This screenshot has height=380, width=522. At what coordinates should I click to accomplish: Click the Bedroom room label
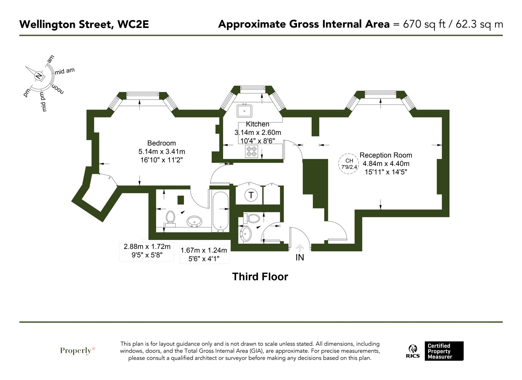(x=162, y=143)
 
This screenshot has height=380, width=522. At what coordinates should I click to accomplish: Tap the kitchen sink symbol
(x=244, y=111)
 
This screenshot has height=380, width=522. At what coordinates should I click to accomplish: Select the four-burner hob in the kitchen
(x=252, y=152)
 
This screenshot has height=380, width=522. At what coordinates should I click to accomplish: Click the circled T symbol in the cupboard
(x=251, y=195)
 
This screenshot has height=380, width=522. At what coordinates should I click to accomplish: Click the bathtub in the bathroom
(x=221, y=212)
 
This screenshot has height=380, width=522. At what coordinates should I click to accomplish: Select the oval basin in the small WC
(x=246, y=234)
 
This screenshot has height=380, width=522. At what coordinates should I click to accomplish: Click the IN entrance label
(x=300, y=257)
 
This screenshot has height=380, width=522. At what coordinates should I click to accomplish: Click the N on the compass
(x=39, y=76)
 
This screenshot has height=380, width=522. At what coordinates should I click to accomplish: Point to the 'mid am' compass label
(x=65, y=71)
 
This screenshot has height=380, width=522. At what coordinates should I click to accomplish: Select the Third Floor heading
(x=260, y=277)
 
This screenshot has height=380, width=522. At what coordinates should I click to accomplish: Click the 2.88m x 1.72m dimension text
(x=147, y=246)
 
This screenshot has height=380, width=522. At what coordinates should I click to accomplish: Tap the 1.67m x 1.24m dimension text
(x=204, y=250)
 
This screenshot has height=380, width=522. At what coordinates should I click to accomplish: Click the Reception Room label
(x=386, y=155)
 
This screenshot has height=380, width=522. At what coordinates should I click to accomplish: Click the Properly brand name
(x=76, y=351)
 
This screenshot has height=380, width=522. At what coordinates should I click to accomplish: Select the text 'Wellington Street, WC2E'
(x=84, y=24)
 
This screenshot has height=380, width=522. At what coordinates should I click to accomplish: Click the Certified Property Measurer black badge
(x=444, y=351)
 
